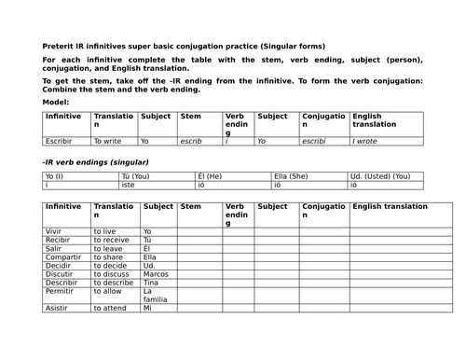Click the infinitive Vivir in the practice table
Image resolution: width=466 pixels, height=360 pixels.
(54, 231)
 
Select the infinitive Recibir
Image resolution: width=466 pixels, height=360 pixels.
(58, 240)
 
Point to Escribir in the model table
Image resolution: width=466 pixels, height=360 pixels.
(59, 142)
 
